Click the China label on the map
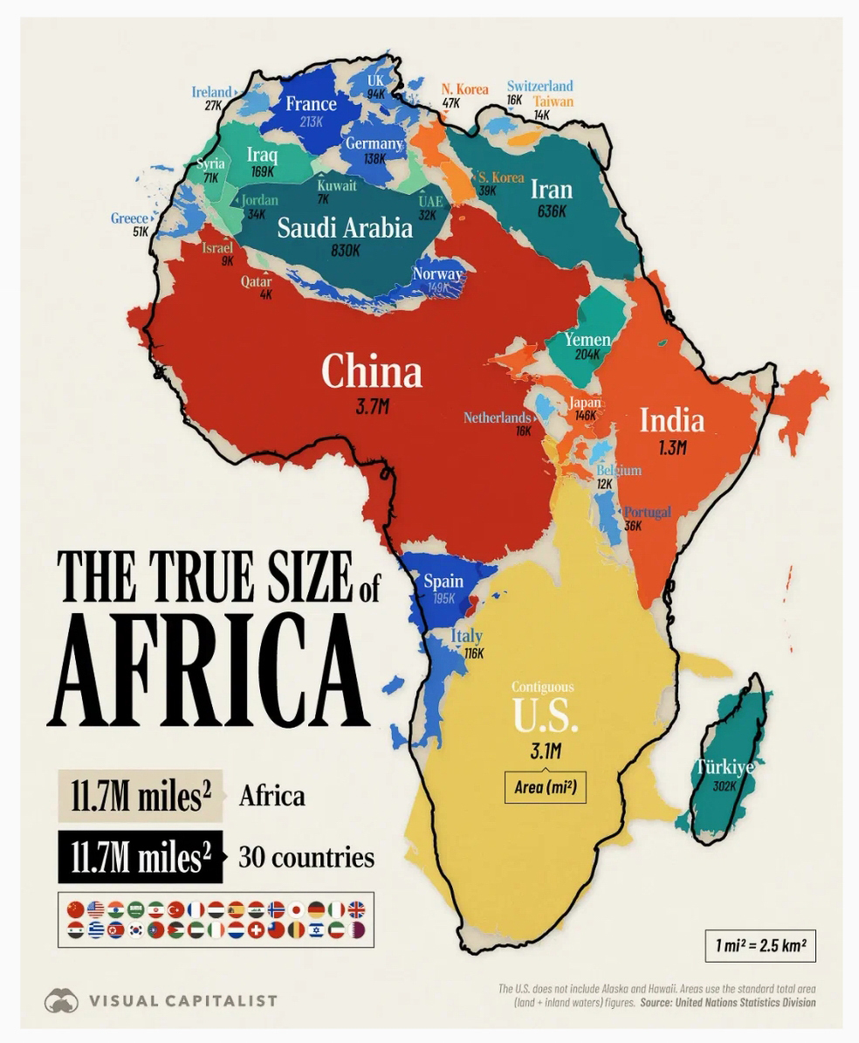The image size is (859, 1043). tap(372, 371)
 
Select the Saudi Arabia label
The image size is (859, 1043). tap(345, 228)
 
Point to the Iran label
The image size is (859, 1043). tap(552, 190)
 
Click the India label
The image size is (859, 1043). tap(672, 420)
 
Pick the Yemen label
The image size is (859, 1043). tap(588, 339)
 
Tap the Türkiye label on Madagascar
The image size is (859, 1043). tap(725, 767)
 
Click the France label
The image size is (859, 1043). tap(311, 104)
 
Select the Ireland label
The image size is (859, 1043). tap(211, 92)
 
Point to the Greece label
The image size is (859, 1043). tap(128, 218)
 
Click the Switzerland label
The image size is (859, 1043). tap(540, 86)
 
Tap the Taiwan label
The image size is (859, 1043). tap(553, 101)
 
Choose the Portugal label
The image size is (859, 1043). tap(647, 512)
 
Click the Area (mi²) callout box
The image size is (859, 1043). tap(546, 787)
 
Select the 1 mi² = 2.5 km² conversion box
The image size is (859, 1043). tap(759, 945)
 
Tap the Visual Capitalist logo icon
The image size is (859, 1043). tap(61, 1000)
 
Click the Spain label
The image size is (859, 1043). tap(443, 582)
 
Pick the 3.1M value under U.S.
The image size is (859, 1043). tap(546, 750)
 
